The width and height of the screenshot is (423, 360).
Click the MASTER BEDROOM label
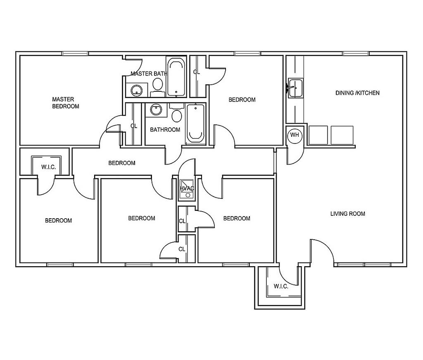66,103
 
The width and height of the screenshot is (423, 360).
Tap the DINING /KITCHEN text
357,93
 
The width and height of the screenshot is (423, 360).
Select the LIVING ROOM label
347,214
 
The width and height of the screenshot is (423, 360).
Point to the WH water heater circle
295,135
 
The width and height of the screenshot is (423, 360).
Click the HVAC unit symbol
186,188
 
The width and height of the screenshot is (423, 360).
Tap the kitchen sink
295,88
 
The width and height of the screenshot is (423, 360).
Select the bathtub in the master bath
176,76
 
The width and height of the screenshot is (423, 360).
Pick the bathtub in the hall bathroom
195,123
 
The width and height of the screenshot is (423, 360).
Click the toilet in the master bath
157,85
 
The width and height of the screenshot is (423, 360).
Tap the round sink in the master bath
136,90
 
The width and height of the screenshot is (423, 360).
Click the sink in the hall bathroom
156,110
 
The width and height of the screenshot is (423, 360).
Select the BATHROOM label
165,130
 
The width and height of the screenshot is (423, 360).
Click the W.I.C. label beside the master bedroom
48,167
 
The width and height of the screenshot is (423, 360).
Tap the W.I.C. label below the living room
281,286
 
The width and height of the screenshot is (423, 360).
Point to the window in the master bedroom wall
75,53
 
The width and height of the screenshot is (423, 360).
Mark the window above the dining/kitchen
356,53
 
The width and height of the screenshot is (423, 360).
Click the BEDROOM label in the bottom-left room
58,221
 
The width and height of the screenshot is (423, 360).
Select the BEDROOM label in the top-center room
242,100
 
